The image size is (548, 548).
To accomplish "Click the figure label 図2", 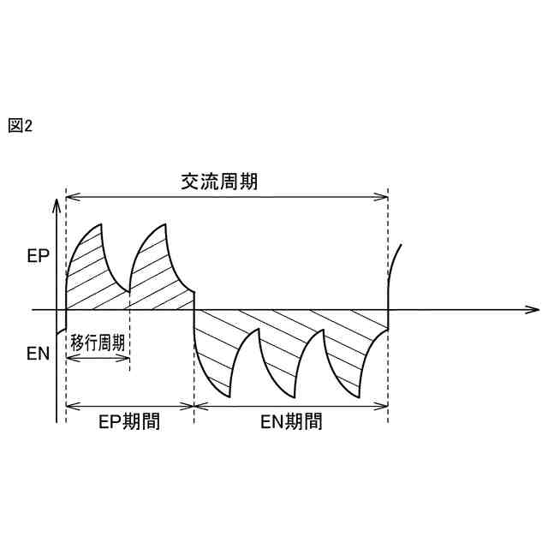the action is click(x=20, y=126).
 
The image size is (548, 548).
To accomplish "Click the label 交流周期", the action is click(x=218, y=182).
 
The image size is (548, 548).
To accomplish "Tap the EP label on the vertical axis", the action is click(x=39, y=255).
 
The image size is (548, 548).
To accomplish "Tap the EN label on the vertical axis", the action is click(x=39, y=353).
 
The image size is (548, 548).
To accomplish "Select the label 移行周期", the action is click(x=98, y=343).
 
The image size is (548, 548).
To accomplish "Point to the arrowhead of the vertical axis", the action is click(x=57, y=203).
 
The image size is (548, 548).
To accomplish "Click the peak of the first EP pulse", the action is click(x=102, y=224).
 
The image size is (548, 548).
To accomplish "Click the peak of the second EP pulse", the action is click(x=164, y=224).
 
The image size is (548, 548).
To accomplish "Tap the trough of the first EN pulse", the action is click(x=229, y=397).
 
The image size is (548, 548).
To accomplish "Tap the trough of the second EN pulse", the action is click(x=294, y=397).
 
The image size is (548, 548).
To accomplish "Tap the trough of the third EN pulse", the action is click(x=358, y=397).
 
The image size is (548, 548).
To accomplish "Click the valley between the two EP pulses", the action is click(x=129, y=292).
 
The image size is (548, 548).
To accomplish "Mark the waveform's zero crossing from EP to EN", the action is click(x=194, y=309).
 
